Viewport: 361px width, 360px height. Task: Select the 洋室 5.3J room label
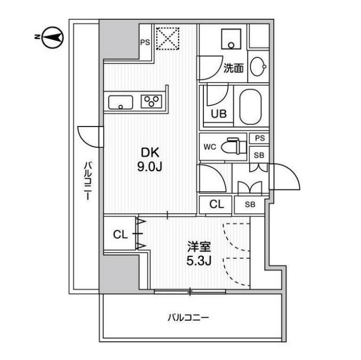point(200,254)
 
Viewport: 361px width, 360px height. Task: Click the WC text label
point(209,146)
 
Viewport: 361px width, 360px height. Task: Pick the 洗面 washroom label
point(233,68)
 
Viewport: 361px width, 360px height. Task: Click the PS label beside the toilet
point(259,138)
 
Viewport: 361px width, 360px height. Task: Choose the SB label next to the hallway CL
point(250,204)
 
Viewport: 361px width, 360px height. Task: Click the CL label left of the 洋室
point(120,235)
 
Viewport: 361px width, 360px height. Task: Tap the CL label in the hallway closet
point(216,204)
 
